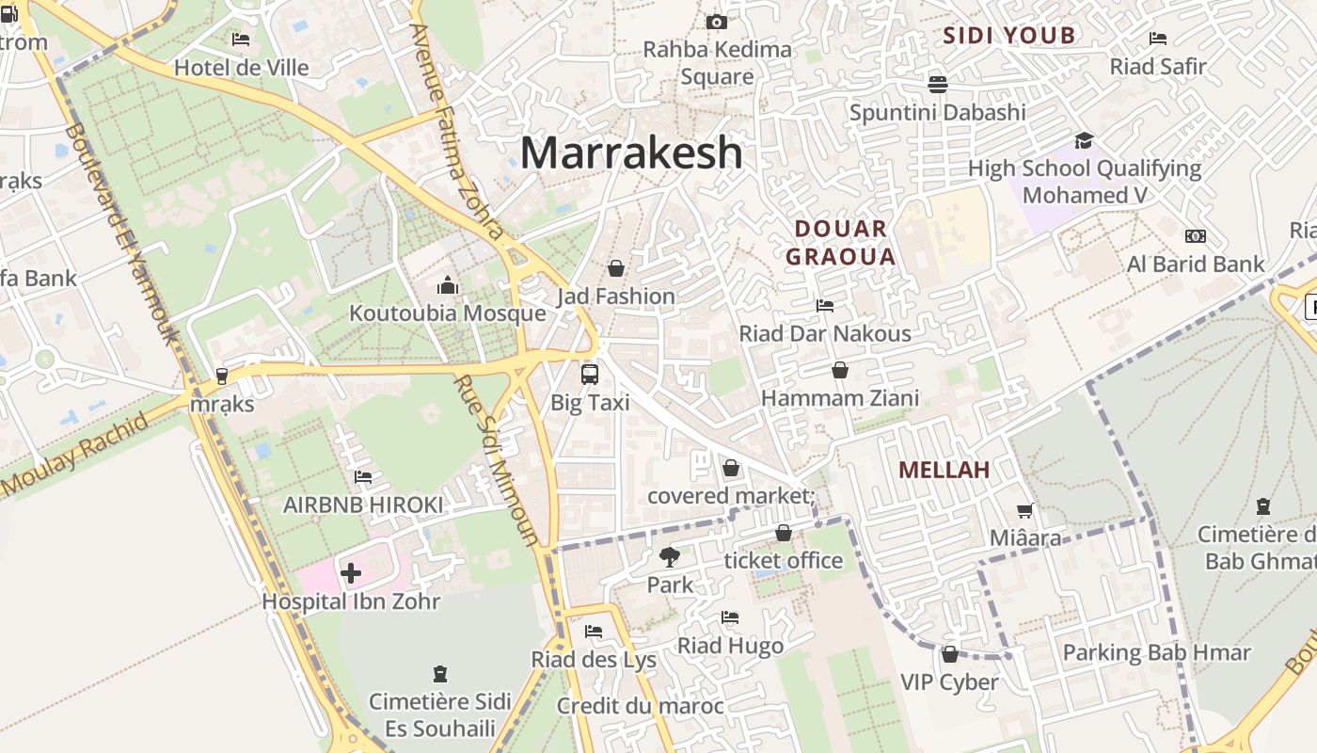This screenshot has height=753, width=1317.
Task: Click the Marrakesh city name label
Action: tap(631, 152)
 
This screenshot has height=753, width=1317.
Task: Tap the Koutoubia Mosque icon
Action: tap(448, 285)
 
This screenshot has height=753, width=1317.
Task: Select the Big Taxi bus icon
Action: tap(590, 374)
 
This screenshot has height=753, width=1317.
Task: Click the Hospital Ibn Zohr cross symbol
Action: tap(351, 572)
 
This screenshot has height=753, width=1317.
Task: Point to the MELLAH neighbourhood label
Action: tap(944, 470)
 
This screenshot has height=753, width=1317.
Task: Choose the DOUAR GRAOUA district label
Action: tap(840, 242)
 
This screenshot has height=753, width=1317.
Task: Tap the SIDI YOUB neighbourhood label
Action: tap(1009, 36)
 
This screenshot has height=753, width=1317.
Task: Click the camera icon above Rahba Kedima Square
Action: tap(717, 22)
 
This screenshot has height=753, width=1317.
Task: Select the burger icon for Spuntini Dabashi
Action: tap(937, 85)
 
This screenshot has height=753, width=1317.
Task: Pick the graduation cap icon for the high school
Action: tap(1084, 141)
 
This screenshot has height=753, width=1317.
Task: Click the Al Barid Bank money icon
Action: tap(1196, 236)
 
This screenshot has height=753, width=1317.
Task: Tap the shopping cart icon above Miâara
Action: tap(1025, 510)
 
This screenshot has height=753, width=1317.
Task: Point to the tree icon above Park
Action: tap(670, 556)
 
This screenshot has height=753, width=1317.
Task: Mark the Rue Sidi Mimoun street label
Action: tap(496, 461)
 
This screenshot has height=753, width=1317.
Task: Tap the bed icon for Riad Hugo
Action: tap(730, 617)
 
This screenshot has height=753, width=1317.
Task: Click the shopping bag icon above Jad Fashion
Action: tap(616, 268)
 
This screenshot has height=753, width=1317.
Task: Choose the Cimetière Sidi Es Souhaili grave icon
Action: tap(439, 674)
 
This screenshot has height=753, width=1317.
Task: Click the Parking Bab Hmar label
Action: tap(1156, 652)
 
